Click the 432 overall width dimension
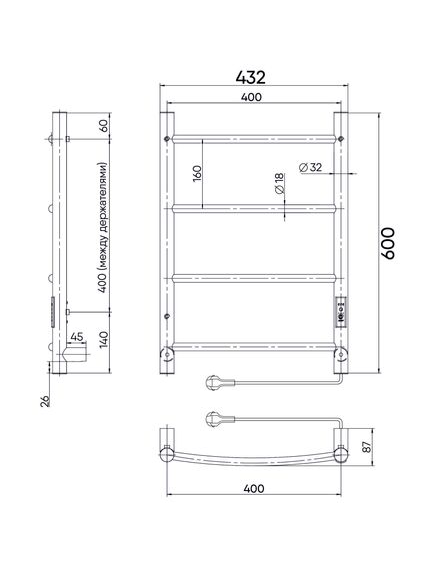250,77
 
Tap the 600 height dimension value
388,243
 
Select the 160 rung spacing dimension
196,173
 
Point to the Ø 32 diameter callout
310,167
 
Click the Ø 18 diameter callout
279,184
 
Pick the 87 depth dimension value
368,447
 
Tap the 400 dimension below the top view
254,489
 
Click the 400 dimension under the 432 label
251,97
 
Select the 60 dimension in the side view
104,126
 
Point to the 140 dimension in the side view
103,339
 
